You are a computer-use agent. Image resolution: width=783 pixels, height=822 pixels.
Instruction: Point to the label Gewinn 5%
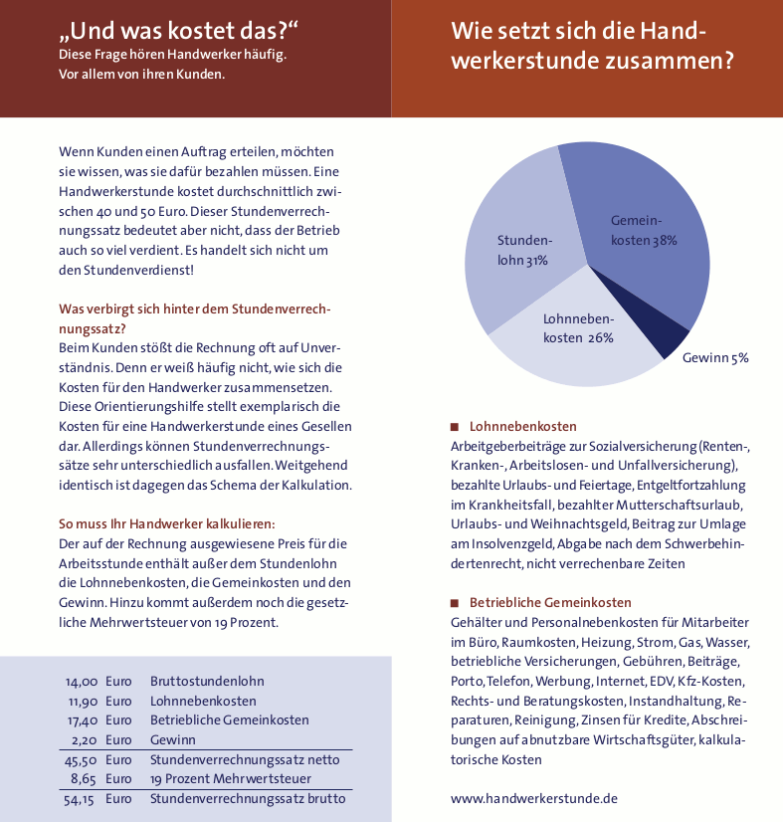click(x=714, y=357)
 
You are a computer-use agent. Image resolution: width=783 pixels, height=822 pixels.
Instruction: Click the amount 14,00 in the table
click(x=82, y=682)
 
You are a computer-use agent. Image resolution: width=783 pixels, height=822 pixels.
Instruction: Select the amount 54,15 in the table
click(x=80, y=798)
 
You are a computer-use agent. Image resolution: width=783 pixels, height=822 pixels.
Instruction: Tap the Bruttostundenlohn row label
click(x=207, y=682)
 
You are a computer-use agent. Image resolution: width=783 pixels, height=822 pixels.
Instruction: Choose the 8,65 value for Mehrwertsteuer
click(x=83, y=778)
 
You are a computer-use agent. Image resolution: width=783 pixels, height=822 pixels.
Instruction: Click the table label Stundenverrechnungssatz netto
click(x=245, y=759)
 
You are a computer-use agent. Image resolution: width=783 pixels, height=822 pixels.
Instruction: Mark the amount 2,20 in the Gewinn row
click(x=85, y=739)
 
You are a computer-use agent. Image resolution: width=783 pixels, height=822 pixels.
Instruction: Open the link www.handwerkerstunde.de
click(x=534, y=797)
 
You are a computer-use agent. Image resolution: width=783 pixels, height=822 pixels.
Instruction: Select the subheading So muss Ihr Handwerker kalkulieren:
click(x=166, y=523)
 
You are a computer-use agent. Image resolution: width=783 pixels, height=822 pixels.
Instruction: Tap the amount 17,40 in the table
click(x=82, y=719)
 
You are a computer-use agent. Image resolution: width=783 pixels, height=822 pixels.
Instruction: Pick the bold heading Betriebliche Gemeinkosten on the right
click(x=550, y=603)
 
